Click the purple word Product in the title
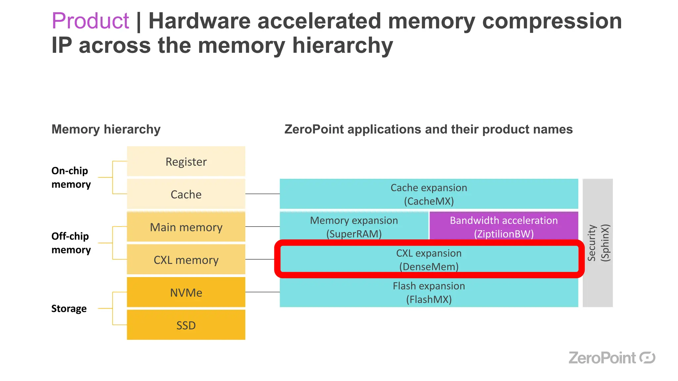(90, 21)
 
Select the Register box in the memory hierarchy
(186, 161)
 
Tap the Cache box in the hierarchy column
(186, 194)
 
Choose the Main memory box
(186, 227)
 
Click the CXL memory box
(186, 260)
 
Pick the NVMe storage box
(186, 292)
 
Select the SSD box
(186, 325)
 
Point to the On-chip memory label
(71, 177)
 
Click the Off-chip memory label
(71, 243)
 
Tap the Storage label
(69, 308)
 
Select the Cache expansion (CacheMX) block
(429, 194)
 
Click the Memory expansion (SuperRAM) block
(354, 227)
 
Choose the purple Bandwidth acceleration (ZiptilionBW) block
(504, 227)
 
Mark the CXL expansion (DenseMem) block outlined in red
(429, 259)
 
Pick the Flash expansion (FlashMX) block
(429, 292)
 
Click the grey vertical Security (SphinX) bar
(598, 243)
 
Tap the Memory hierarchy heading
(106, 129)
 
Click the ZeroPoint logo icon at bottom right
(647, 358)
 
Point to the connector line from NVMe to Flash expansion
(262, 292)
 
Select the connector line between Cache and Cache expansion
(262, 194)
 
